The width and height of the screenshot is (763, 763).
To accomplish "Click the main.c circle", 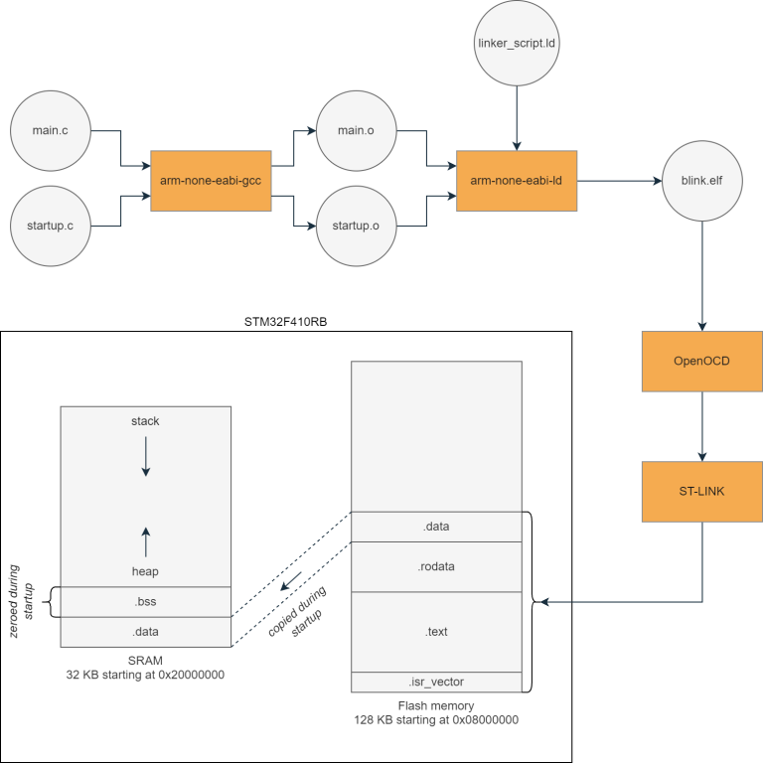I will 50,131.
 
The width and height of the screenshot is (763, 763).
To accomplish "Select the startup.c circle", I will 50,226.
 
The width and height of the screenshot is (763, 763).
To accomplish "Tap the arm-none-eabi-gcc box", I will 211,181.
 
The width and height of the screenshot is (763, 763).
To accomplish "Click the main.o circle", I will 356,131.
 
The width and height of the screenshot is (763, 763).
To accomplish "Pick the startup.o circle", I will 356,226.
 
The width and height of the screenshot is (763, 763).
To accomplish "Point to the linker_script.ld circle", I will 515,45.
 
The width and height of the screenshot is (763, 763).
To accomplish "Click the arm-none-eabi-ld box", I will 517,181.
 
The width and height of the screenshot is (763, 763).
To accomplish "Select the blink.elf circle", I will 702,182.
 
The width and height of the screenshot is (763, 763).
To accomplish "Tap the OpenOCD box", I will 701,361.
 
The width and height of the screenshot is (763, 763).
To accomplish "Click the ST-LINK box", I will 701,492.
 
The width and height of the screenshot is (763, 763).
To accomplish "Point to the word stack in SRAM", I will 145,421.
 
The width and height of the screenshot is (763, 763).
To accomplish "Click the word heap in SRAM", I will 145,571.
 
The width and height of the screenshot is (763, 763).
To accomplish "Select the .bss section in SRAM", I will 145,602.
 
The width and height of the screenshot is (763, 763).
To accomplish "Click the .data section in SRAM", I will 145,632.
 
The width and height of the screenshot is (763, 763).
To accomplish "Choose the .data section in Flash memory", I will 436,527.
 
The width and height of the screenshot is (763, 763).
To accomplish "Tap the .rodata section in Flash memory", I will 436,566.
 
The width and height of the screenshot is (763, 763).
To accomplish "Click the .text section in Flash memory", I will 436,632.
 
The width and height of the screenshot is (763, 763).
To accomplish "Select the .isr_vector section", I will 436,682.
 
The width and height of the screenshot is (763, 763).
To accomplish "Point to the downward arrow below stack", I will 145,457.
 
